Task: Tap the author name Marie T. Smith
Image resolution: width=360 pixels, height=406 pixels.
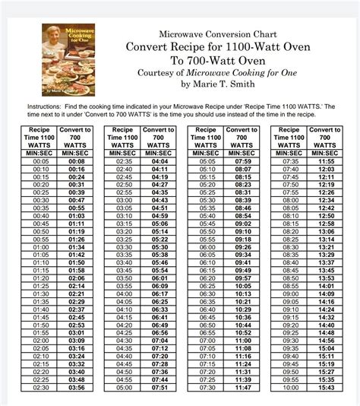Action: [223, 84]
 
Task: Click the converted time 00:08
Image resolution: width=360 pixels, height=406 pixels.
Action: [77, 161]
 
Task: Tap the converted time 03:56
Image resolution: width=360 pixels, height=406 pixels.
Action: [77, 388]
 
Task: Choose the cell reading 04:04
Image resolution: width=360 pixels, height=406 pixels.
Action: [160, 161]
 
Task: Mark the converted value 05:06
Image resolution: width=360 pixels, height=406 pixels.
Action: [160, 225]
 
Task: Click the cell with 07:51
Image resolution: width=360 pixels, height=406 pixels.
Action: [160, 388]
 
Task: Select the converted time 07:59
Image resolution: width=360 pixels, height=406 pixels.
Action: [243, 161]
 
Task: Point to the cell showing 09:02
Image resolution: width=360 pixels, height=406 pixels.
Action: [243, 225]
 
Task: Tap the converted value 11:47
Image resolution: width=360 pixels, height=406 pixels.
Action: [243, 388]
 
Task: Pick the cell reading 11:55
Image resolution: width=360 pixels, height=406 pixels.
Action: [327, 161]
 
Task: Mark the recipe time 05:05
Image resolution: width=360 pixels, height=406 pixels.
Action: [207, 161]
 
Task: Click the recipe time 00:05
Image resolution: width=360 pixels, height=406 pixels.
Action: [41, 161]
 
